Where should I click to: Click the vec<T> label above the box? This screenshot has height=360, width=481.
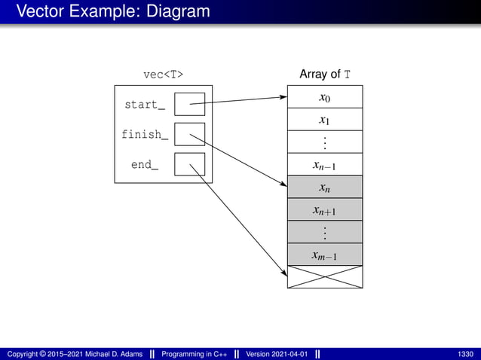[163, 75]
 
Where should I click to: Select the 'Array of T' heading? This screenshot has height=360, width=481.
[324, 75]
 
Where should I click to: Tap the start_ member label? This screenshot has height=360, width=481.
[145, 105]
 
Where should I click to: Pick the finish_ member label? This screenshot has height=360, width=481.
[145, 135]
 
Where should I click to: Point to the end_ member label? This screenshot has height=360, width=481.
[145, 164]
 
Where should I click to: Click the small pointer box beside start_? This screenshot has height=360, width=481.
[189, 104]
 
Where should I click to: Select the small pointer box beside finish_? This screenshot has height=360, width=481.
[189, 134]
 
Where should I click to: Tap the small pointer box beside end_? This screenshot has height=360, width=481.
[189, 164]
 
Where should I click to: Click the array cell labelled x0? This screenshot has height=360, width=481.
[325, 97]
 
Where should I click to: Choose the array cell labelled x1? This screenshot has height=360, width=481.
[325, 120]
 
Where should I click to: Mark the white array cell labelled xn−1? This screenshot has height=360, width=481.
[325, 165]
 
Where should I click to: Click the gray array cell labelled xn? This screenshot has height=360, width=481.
[325, 188]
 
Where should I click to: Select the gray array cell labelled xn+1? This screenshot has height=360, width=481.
[325, 210]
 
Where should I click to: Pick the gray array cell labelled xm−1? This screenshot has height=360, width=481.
[325, 255]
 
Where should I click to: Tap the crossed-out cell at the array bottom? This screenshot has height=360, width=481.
[325, 277]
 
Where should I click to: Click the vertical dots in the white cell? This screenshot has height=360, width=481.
[325, 142]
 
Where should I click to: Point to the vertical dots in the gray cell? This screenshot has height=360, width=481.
[325, 233]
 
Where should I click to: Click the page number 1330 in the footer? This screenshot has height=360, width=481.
[465, 354]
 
